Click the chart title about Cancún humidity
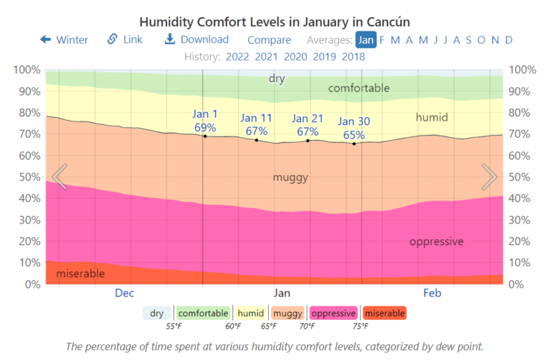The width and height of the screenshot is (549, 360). click(x=274, y=22)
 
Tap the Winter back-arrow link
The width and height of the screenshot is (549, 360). click(x=64, y=40)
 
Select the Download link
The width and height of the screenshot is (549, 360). click(x=197, y=40)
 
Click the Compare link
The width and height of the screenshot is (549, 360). click(x=269, y=40)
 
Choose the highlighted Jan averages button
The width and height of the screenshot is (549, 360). click(x=365, y=40)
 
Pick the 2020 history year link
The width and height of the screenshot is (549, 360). click(x=295, y=56)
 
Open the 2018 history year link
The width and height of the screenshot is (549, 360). click(x=353, y=56)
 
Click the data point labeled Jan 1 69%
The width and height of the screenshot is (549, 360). click(x=205, y=136)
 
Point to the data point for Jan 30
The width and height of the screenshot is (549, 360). click(x=354, y=144)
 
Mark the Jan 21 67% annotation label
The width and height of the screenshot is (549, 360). click(x=308, y=125)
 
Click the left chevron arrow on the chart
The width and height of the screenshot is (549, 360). click(x=60, y=176)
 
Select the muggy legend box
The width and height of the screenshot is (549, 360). click(x=287, y=313)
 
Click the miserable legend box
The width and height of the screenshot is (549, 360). click(x=384, y=313)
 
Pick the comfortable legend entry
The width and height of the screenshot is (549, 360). click(x=203, y=313)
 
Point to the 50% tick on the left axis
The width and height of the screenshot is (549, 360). click(x=26, y=177)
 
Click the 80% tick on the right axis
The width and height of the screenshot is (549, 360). click(x=521, y=113)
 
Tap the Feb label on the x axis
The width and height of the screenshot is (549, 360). click(x=432, y=293)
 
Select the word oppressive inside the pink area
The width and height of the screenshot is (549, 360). click(x=436, y=241)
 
